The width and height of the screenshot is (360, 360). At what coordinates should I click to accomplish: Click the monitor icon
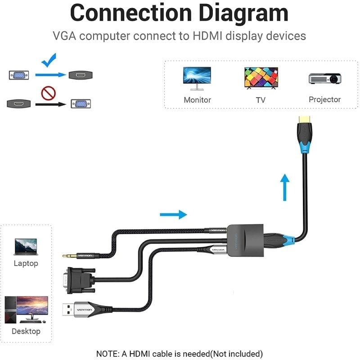point(197,79)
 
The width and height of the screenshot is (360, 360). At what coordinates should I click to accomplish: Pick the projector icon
point(324,78)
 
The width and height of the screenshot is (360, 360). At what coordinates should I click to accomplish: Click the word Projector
point(324,99)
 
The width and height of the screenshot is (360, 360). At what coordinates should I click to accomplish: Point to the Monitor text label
point(197,100)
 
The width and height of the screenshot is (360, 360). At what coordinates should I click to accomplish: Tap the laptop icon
point(26,247)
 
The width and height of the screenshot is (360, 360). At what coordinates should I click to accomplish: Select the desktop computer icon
point(26,309)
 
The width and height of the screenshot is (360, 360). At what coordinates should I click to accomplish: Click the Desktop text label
point(26,331)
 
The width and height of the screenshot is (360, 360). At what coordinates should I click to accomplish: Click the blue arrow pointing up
point(284,187)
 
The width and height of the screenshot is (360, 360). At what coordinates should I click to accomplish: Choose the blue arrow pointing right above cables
point(173,214)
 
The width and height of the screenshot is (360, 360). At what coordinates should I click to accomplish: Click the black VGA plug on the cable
point(81,279)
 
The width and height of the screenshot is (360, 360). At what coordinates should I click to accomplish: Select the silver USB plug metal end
point(70,310)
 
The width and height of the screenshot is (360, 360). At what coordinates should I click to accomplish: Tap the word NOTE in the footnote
point(108,354)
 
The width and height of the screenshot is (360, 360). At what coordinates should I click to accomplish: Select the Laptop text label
point(26,263)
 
